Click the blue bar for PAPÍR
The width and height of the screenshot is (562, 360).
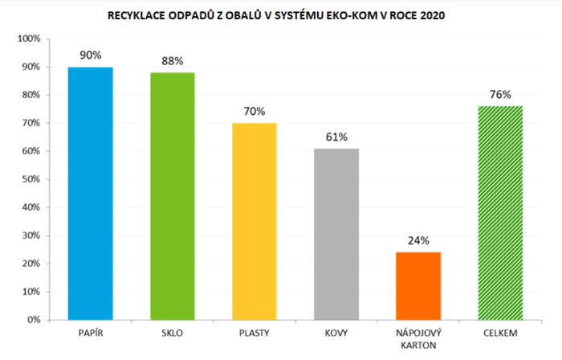90,193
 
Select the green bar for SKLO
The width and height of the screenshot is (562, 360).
173,195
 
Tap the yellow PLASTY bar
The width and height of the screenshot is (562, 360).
255,221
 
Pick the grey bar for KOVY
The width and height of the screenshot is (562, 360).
336,234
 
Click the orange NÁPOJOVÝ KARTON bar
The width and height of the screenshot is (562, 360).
418,285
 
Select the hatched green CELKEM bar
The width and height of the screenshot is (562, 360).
500,212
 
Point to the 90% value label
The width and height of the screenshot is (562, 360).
90,55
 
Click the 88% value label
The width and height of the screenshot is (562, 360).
173,61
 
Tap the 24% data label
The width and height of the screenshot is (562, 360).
418,240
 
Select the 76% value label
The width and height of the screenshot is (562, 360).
500,95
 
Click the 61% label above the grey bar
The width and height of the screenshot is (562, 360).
336,137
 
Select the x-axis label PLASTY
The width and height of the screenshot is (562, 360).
255,332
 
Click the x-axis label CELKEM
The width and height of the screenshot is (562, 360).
500,332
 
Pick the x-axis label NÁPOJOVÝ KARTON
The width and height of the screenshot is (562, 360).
418,337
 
